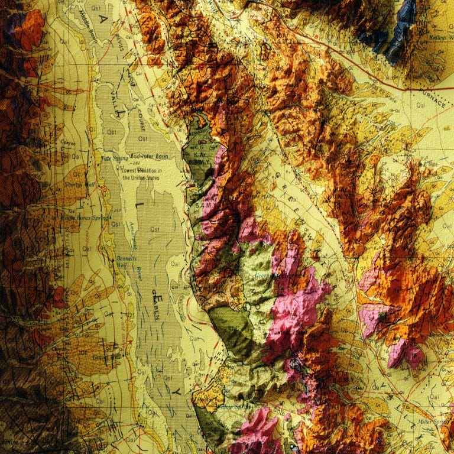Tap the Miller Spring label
[432, 422]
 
